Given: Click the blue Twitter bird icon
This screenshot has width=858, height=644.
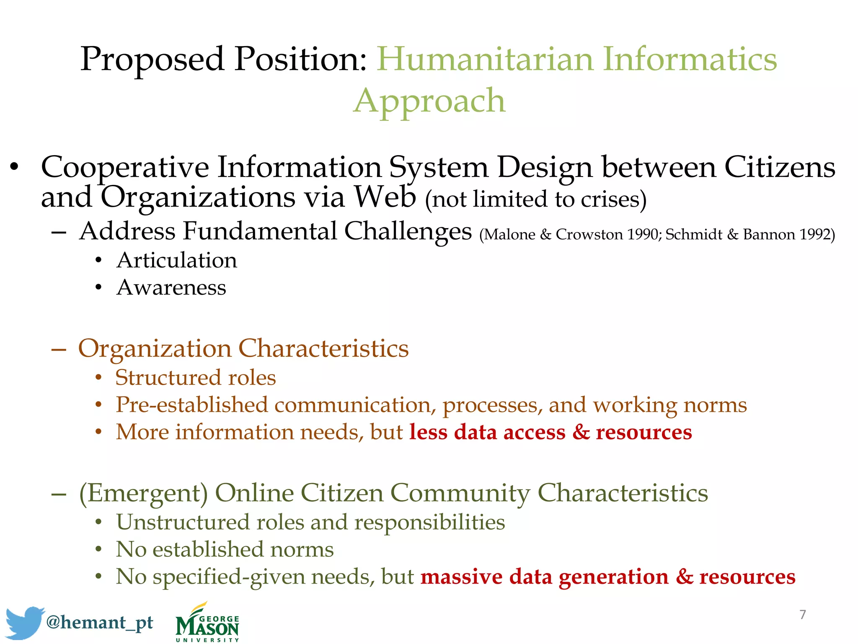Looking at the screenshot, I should coord(24,622).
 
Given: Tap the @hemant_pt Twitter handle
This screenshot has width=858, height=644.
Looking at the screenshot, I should coord(100,622).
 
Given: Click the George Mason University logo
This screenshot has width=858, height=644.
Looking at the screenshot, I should coord(207,623).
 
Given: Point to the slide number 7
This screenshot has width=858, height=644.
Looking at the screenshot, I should coord(802,615).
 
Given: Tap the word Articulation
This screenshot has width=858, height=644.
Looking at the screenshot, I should coord(177,260).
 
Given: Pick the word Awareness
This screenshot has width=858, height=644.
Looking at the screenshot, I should coord(171,288).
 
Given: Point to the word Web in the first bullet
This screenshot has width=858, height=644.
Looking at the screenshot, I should coord(385,197).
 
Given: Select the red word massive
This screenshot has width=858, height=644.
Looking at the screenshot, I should coord(461,576).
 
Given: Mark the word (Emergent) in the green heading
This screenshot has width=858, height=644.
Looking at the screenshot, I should coord(143,493).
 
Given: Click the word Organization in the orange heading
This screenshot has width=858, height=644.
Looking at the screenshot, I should coord(155,348).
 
